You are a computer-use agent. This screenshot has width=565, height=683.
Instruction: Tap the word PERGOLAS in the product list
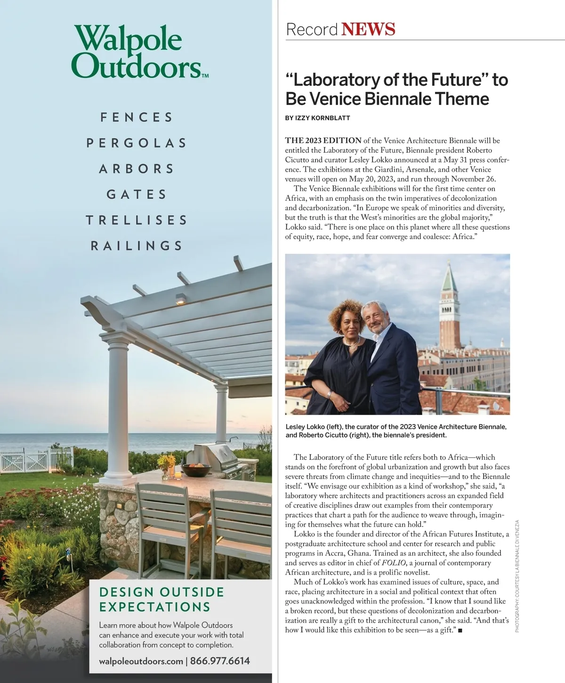click(x=137, y=143)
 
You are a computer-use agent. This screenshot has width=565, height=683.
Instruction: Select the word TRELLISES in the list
click(x=137, y=220)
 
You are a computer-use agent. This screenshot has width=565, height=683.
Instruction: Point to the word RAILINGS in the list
click(x=137, y=245)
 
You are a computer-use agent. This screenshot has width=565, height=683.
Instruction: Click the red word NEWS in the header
click(x=368, y=29)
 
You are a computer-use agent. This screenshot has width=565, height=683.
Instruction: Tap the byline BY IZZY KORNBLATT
click(x=317, y=118)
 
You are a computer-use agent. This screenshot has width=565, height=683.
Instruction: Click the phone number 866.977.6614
click(x=220, y=661)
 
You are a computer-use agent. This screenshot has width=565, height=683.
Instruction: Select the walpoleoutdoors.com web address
click(x=141, y=661)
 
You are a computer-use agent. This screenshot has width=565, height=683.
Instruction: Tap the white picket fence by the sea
click(x=36, y=459)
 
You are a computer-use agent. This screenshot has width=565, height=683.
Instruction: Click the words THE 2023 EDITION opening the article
click(x=323, y=140)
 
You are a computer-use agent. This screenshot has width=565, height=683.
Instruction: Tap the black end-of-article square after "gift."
click(x=460, y=630)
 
